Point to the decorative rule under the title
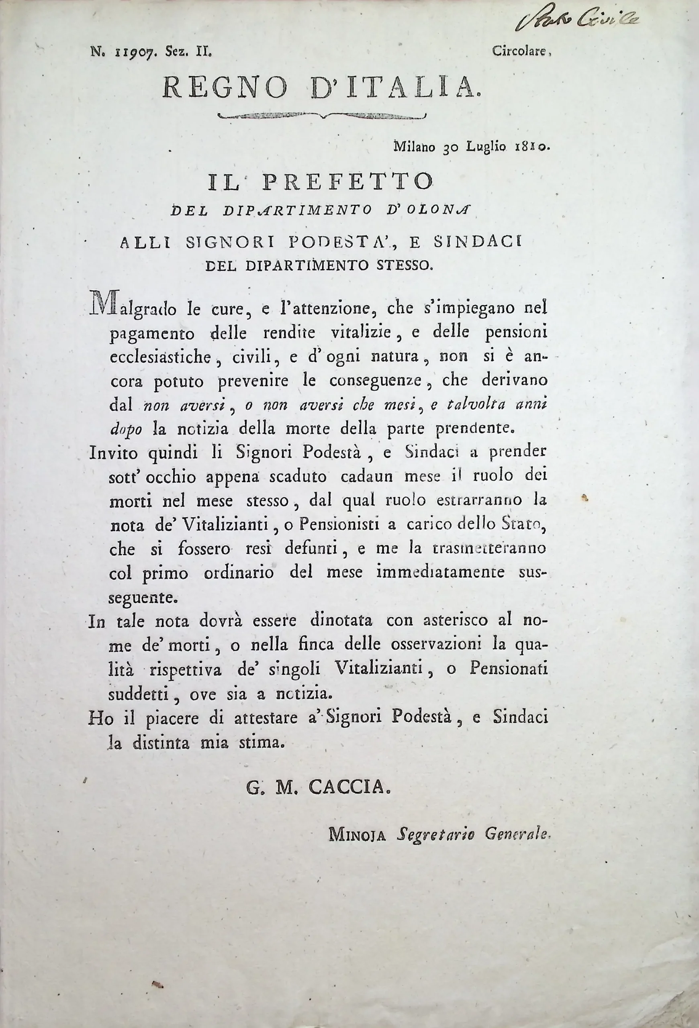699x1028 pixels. click(x=322, y=116)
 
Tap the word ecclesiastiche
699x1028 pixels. click(x=166, y=357)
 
